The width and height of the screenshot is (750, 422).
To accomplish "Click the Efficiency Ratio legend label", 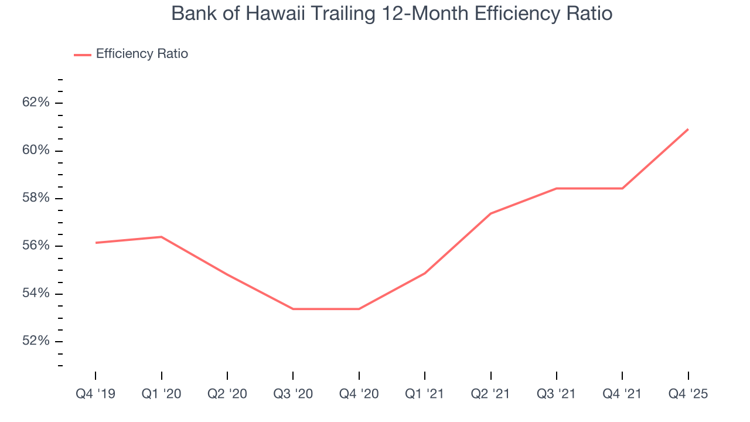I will (142, 54).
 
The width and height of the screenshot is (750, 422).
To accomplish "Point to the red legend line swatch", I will (83, 55).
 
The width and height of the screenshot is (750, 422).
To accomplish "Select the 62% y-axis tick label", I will (36, 103).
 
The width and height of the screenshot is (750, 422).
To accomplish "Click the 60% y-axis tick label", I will (36, 151).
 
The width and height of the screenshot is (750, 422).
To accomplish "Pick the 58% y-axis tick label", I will (36, 198).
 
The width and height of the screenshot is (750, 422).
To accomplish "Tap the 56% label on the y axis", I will (36, 246).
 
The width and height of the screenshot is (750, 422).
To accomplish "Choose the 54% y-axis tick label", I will (36, 294).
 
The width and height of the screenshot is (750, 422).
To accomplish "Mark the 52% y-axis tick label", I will (36, 341).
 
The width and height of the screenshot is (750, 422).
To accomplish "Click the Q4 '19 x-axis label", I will (96, 394).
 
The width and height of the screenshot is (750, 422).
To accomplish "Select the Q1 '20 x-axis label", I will (161, 394).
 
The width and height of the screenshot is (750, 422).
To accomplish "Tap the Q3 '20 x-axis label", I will (293, 394).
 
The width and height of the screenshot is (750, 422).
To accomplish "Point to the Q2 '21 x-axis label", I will (490, 394).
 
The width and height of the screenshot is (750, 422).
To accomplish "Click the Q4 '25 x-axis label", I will (688, 394).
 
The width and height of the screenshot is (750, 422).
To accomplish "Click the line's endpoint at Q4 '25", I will (688, 129).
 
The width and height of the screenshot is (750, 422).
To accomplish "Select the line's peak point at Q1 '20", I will (161, 237).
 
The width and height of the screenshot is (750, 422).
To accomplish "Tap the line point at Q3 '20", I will (293, 309).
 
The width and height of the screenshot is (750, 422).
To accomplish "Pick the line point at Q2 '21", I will (490, 213).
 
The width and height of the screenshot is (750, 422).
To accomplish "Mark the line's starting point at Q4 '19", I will (96, 243).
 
